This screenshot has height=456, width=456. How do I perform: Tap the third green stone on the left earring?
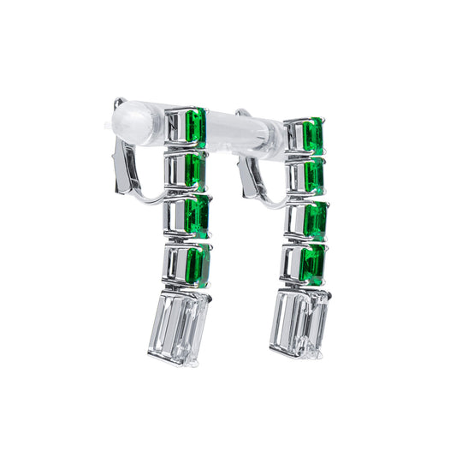[198, 216]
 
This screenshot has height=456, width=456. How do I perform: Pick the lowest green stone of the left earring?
[198, 265]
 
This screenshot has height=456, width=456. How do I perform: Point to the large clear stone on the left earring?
[180, 325]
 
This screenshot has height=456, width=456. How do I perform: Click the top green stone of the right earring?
[312, 135]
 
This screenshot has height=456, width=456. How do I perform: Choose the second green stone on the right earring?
[313, 175]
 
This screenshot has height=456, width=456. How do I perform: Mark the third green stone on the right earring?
[314, 220]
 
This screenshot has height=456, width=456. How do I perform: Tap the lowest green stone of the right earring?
[313, 263]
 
